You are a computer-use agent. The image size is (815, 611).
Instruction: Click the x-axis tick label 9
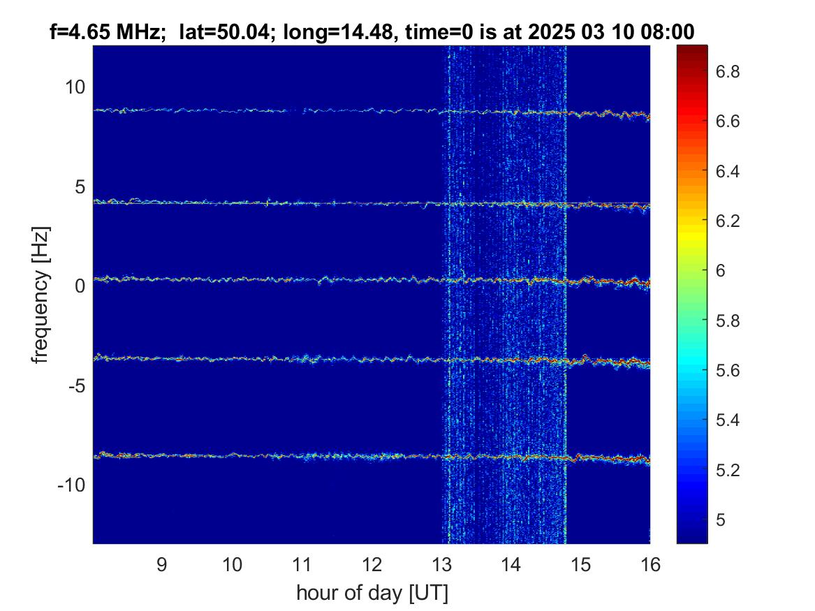(x=161, y=565)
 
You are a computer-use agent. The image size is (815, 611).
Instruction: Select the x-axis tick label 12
(x=372, y=565)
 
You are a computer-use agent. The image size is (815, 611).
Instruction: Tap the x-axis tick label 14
(x=511, y=565)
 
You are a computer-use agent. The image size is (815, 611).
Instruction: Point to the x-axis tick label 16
(x=650, y=565)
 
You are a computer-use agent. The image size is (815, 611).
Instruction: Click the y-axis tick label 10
(x=75, y=87)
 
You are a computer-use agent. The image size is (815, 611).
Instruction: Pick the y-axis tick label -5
(x=77, y=386)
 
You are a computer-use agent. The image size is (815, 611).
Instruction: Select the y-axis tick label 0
(x=80, y=286)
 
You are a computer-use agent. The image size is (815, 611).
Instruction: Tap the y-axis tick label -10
(x=71, y=485)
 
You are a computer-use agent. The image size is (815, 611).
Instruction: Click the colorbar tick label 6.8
(x=728, y=71)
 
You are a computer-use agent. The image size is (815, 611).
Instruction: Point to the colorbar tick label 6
(x=721, y=271)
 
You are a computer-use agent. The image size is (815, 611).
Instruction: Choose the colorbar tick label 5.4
(x=728, y=420)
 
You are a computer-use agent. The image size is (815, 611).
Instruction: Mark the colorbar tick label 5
(x=721, y=520)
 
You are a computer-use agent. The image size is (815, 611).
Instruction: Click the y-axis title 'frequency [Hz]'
(x=41, y=295)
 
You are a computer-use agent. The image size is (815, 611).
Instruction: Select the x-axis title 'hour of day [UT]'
(x=372, y=593)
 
